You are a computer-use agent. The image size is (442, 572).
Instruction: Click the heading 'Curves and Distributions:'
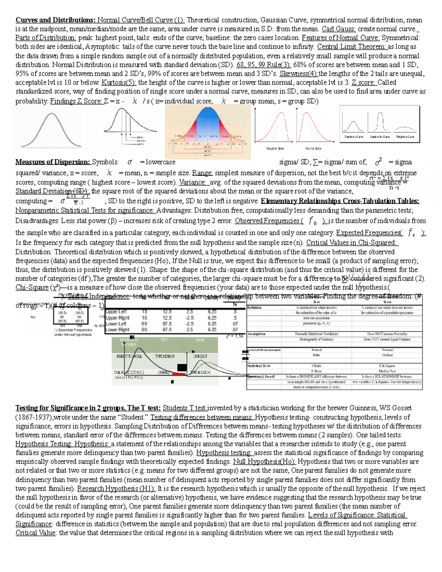point(55,20)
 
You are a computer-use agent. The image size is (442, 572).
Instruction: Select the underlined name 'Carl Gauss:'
point(338,29)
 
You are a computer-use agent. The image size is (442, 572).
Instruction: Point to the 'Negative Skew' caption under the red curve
point(275,148)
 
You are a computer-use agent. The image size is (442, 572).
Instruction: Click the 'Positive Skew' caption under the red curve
point(313,148)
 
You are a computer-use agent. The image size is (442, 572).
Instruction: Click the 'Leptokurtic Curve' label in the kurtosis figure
point(380,137)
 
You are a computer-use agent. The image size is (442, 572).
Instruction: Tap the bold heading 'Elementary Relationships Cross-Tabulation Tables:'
point(340,201)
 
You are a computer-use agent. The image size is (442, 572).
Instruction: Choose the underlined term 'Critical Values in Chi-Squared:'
point(352,243)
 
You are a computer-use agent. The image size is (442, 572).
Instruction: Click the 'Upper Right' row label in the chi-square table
point(117,318)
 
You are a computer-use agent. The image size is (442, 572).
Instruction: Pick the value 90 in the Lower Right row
point(144,330)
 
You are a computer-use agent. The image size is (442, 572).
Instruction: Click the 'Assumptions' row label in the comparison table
point(256,334)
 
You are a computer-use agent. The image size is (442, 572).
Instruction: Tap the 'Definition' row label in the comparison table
point(255,308)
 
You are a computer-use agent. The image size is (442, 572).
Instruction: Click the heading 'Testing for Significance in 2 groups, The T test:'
point(88,408)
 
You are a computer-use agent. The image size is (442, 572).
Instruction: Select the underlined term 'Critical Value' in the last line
point(35,533)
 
